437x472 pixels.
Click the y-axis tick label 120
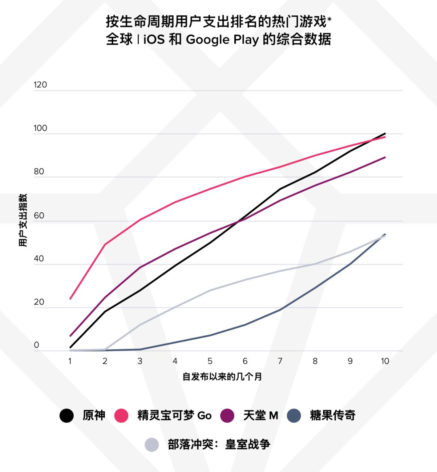tap(40, 85)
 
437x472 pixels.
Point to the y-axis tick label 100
tap(40, 128)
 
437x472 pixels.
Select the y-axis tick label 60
tap(39, 216)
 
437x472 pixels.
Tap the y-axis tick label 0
tap(37, 345)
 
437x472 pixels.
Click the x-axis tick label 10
tap(385, 361)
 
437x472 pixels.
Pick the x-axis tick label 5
tap(210, 361)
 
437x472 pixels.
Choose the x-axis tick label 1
tap(70, 361)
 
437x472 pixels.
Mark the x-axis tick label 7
tap(280, 361)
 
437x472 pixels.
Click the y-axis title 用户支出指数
tap(23, 220)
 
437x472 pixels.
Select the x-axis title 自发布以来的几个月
tap(222, 377)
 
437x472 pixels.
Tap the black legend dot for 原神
tap(67, 416)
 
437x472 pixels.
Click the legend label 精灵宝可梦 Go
tap(174, 415)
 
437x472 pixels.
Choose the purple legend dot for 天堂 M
tap(228, 416)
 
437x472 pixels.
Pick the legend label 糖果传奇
tap(333, 415)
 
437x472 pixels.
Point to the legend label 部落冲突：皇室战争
tap(219, 444)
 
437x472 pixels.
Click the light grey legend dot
tap(152, 445)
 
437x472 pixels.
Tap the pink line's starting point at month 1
tap(70, 299)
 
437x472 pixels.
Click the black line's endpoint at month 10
tap(385, 133)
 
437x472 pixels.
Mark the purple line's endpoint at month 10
tap(385, 157)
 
